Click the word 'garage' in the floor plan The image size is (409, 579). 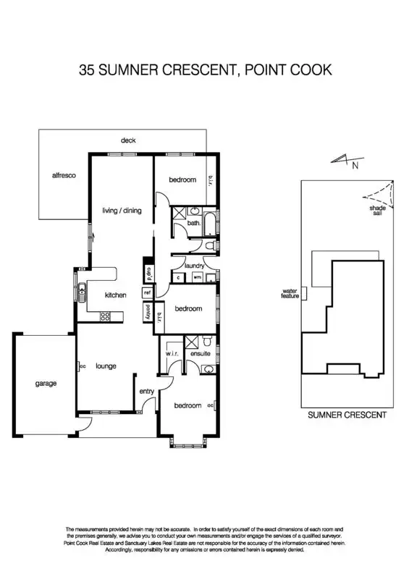point(45,384)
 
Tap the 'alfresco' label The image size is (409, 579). point(64,176)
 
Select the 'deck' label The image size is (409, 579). point(128,140)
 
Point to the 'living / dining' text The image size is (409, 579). point(121,211)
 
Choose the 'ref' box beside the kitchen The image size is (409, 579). point(147,292)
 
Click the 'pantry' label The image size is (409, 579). point(148,312)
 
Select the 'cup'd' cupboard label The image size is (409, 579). point(148,274)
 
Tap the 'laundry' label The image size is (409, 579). point(194,266)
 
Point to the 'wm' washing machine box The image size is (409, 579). point(197,277)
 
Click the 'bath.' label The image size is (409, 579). point(193,224)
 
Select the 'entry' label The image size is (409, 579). point(147,392)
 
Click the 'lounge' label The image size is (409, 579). point(106,366)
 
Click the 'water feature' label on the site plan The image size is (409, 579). point(290,294)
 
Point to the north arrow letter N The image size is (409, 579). point(354,166)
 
